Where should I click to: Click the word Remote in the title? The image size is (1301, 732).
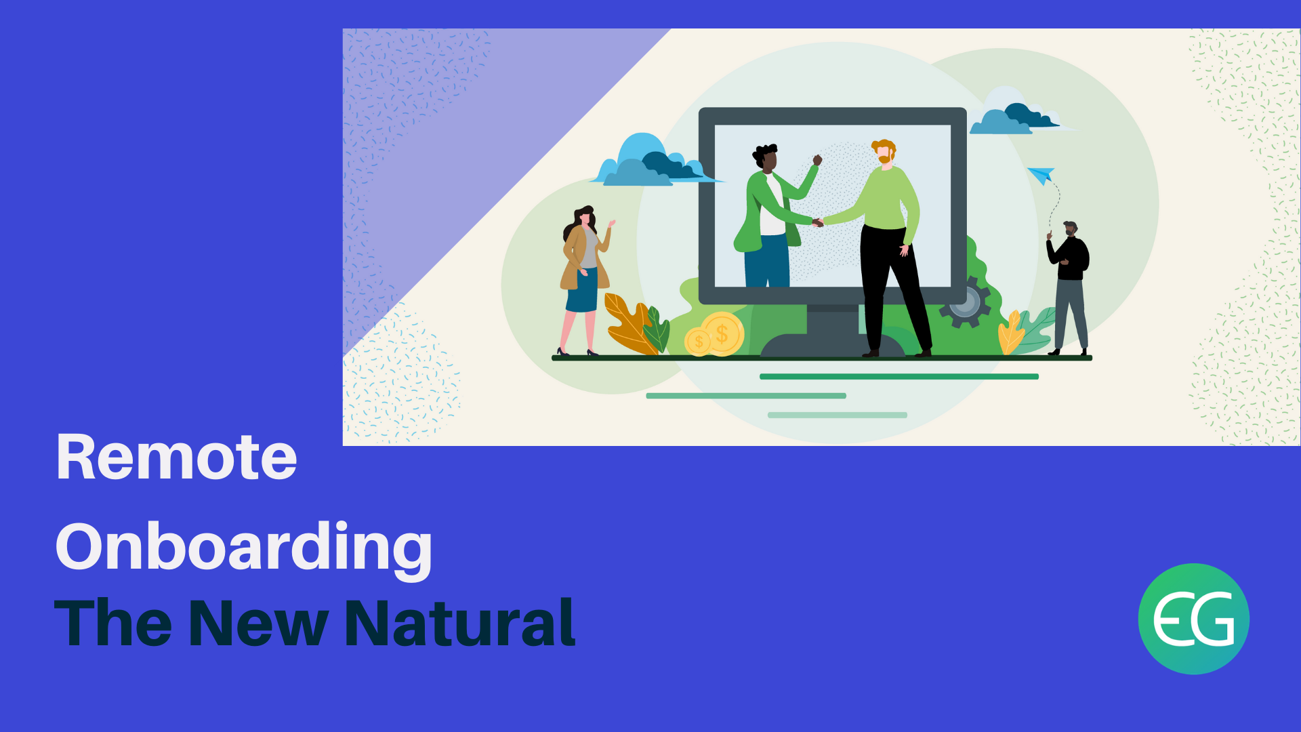click(176, 457)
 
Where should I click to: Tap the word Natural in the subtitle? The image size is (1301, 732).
click(460, 623)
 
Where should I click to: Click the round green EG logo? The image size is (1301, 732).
click(1193, 619)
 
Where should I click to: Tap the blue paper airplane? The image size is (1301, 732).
click(1041, 175)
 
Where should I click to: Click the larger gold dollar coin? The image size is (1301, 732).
click(722, 333)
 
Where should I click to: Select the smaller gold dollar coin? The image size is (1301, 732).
click(698, 342)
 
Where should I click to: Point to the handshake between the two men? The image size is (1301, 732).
click(818, 222)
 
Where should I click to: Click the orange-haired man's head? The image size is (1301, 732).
click(884, 152)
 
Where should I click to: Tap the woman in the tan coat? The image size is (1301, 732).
click(585, 281)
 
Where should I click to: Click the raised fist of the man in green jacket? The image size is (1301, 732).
click(817, 160)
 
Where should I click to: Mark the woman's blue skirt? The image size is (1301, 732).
click(582, 290)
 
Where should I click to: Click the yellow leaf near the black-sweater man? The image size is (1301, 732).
click(1011, 332)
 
